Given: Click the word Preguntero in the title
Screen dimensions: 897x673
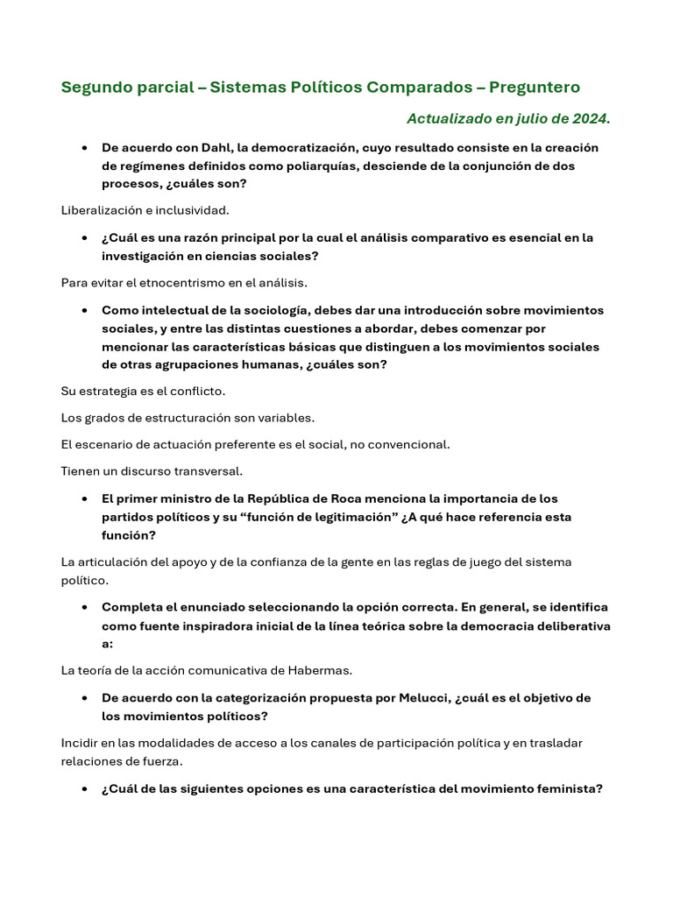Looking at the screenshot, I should point(534,88).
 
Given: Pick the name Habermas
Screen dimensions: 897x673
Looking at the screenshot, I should point(321,670).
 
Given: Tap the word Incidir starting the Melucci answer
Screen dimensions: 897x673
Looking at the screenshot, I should point(80,743).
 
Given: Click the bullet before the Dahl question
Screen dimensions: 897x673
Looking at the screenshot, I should point(81,148).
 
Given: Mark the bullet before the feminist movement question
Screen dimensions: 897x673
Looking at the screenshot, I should point(81,788).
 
